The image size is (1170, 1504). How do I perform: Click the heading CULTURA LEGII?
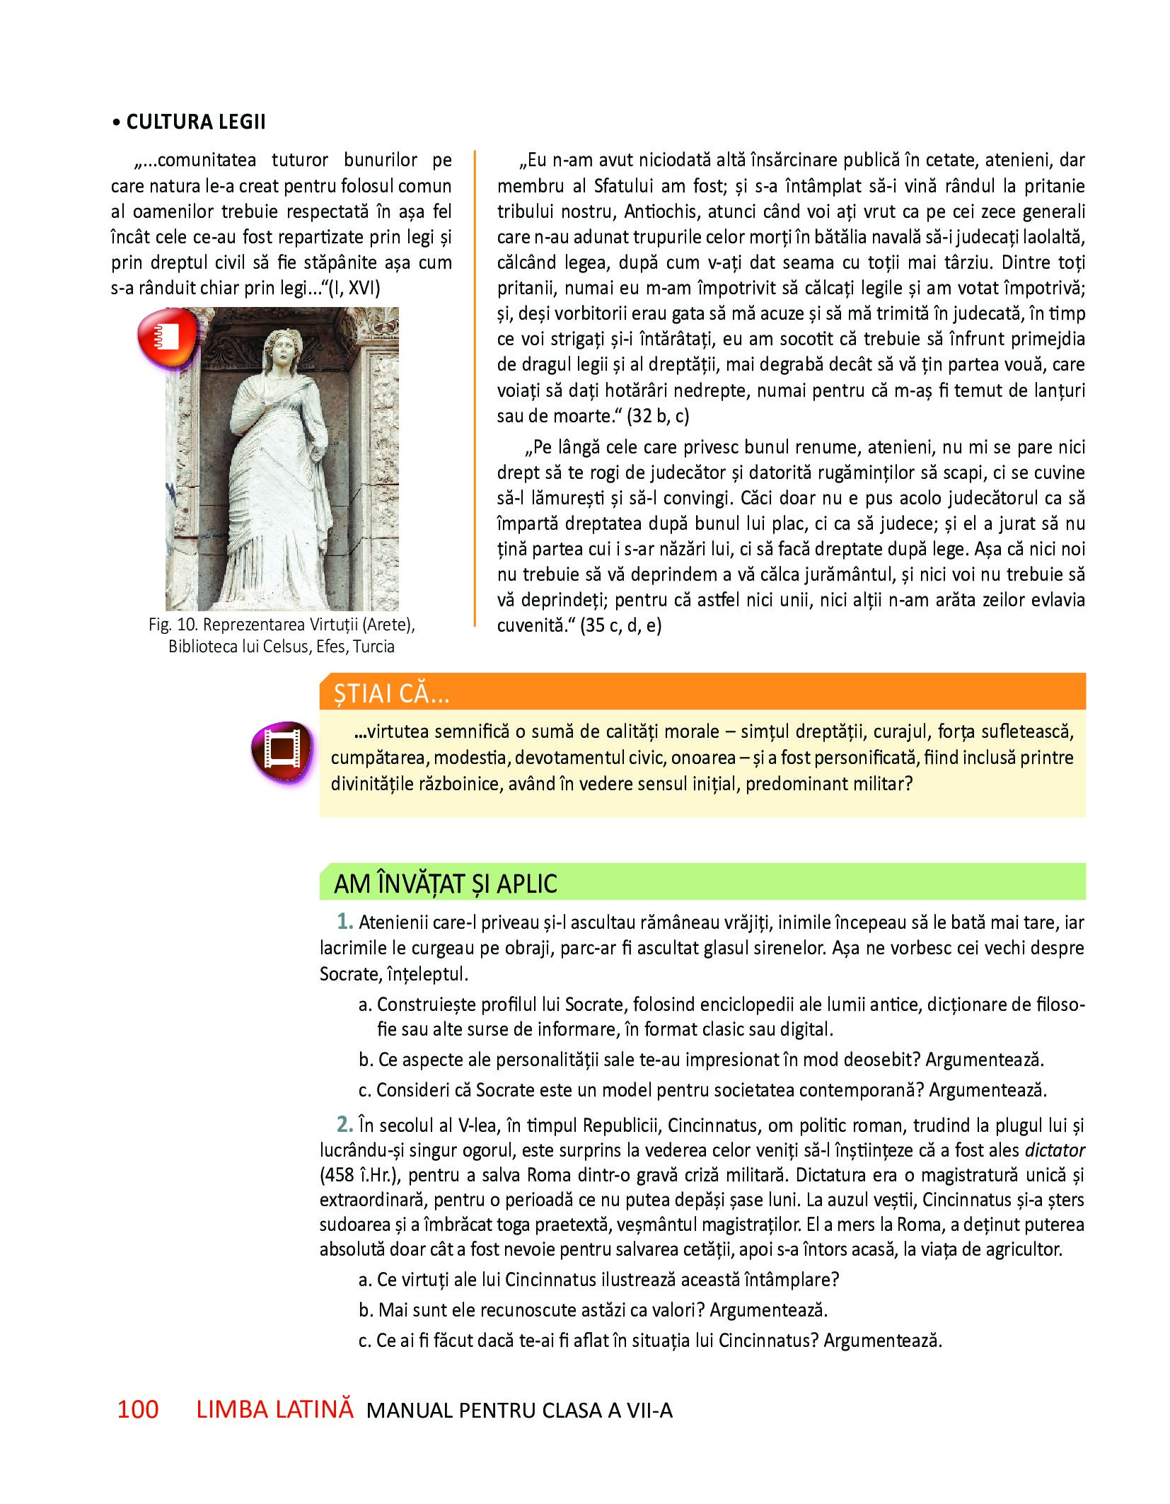[195, 122]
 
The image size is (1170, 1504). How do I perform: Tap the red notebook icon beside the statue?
[168, 337]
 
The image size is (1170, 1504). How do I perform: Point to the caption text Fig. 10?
[173, 625]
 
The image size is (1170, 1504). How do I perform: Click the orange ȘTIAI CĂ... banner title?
[391, 694]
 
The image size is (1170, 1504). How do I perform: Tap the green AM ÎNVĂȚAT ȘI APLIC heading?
[445, 884]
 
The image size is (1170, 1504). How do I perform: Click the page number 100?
[137, 1409]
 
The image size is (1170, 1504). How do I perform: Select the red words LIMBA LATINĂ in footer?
[274, 1409]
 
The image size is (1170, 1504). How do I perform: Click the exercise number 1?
[344, 922]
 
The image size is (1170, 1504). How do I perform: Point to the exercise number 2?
[344, 1124]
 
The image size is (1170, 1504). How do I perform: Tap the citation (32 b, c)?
[658, 416]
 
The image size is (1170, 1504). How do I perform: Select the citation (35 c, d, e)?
[620, 625]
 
